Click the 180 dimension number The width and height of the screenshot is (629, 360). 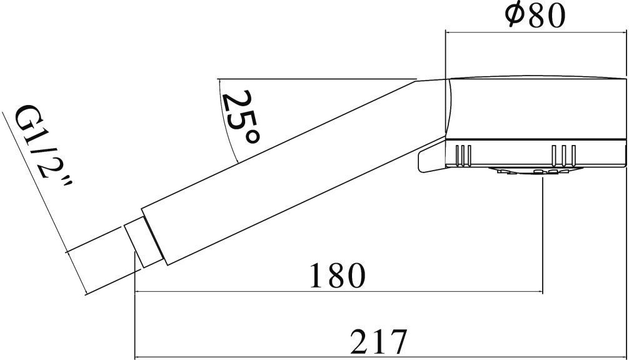[x=338, y=276]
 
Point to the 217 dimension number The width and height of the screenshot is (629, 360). [x=378, y=341]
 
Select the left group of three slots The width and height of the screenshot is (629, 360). [x=463, y=155]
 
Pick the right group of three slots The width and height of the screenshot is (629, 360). [x=564, y=155]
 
